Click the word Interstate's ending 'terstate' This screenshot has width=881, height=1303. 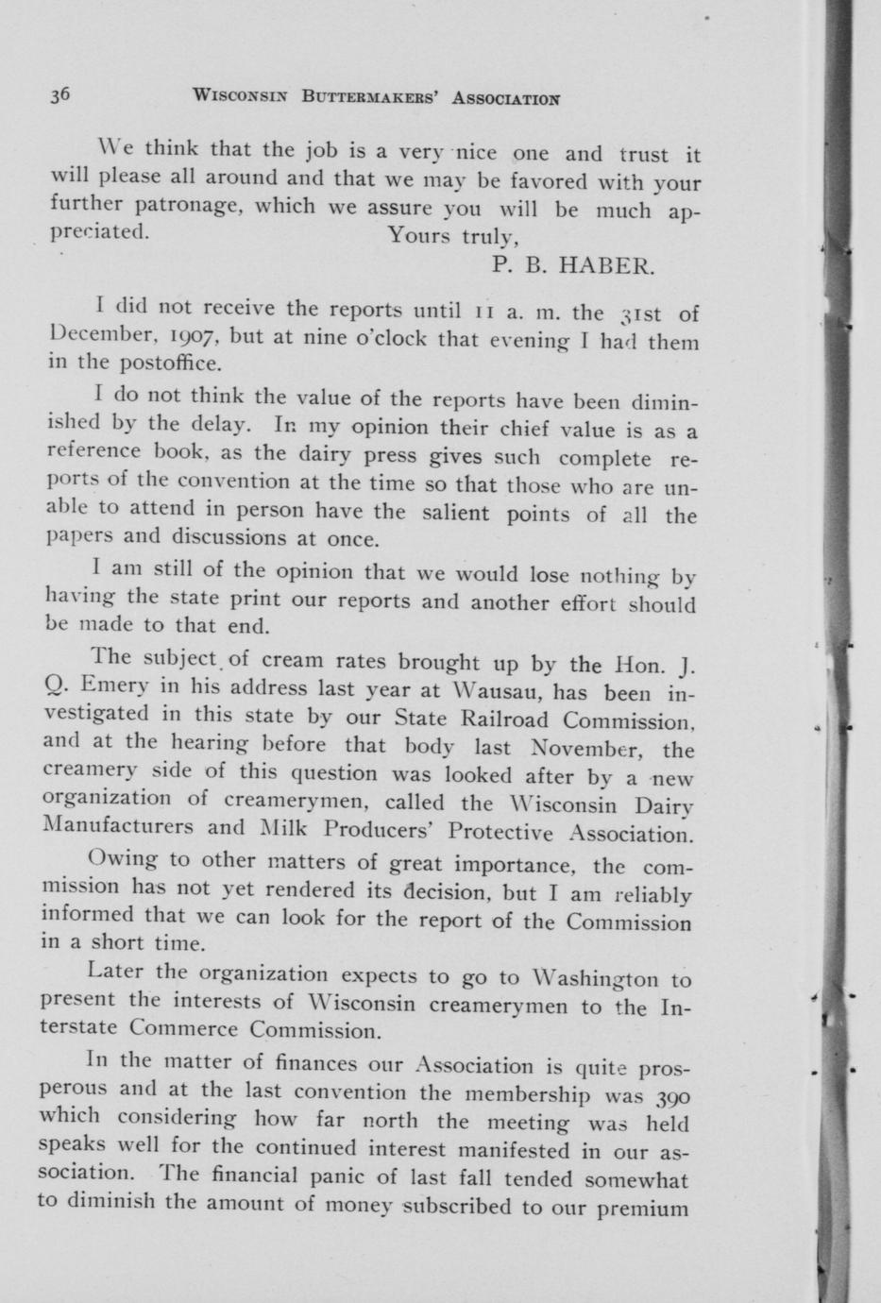pyautogui.click(x=76, y=1029)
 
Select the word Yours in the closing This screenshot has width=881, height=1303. pyautogui.click(x=420, y=236)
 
